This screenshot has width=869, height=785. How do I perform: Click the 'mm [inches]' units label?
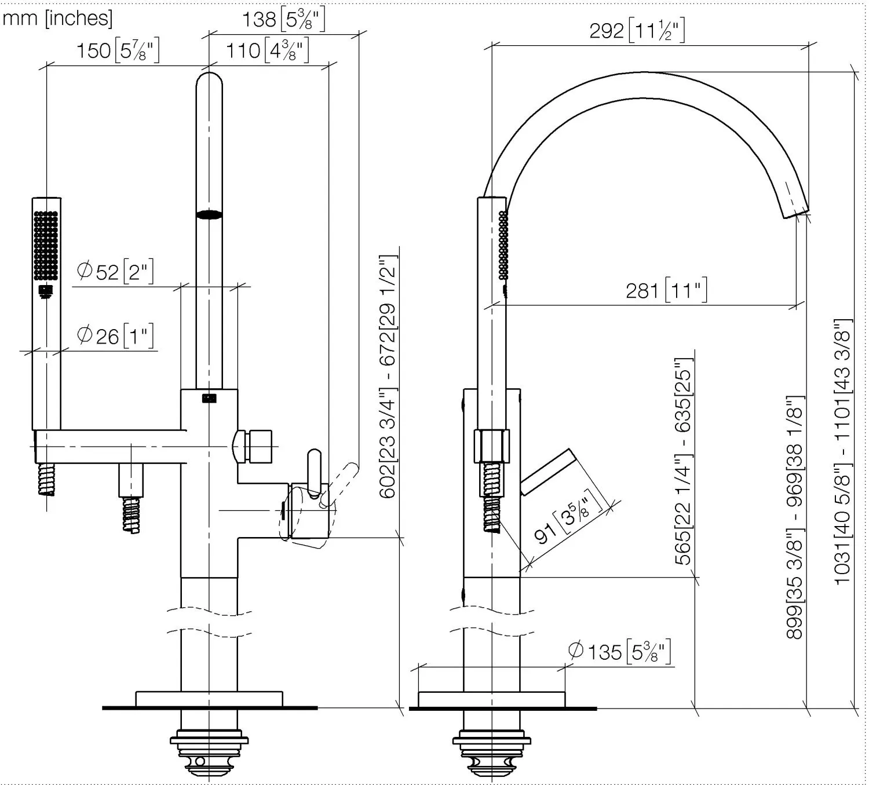pos(57,19)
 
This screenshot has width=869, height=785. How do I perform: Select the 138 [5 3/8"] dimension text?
pos(283,20)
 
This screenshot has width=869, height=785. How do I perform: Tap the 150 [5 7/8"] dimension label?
pos(118,50)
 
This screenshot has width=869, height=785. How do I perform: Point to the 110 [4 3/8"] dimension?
pos(268,50)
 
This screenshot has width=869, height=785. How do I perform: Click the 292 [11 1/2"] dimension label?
pos(637,30)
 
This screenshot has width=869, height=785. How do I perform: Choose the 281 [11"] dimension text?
pos(667,290)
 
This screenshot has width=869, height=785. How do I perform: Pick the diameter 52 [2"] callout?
pos(115,272)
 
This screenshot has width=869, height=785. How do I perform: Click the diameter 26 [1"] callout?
pos(115,336)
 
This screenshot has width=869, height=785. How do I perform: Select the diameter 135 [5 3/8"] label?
pos(620,651)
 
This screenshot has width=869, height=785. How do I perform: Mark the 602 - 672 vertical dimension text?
pos(388,377)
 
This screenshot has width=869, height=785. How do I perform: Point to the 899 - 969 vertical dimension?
pos(795,517)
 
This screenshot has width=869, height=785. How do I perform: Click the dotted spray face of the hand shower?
pos(46,245)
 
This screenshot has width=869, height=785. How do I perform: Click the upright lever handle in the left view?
pos(315,472)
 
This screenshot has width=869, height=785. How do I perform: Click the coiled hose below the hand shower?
pos(46,479)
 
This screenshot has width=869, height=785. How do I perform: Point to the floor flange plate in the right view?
pos(491,700)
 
